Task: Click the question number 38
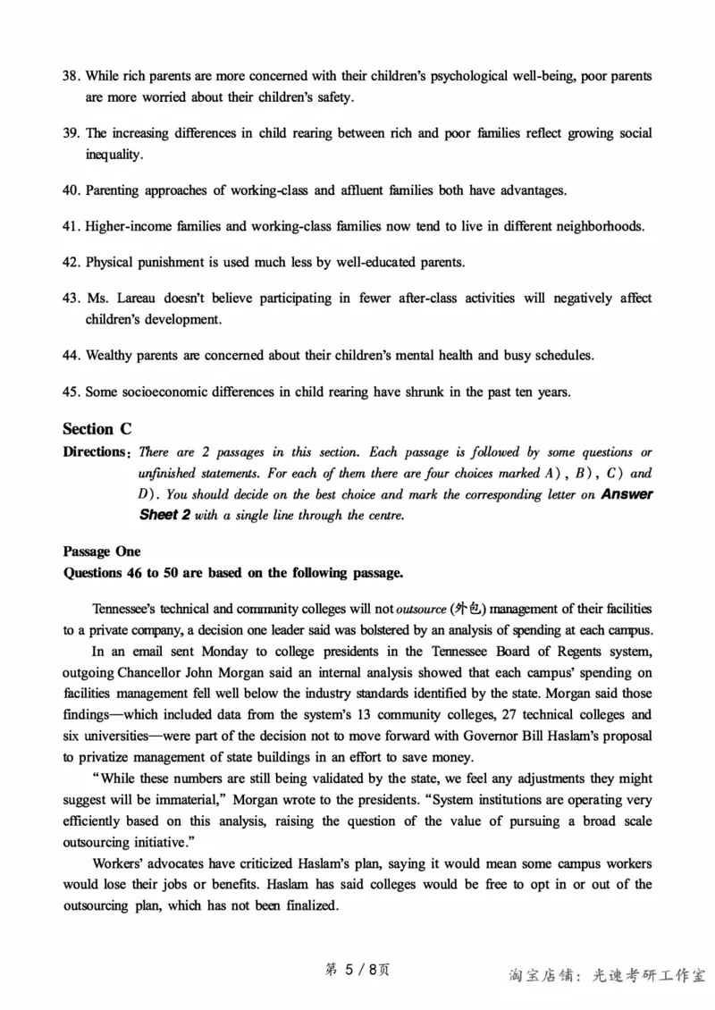click(71, 76)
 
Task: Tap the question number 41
click(71, 226)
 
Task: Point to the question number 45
click(71, 391)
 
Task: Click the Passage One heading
click(101, 551)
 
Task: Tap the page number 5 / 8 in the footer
click(357, 971)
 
